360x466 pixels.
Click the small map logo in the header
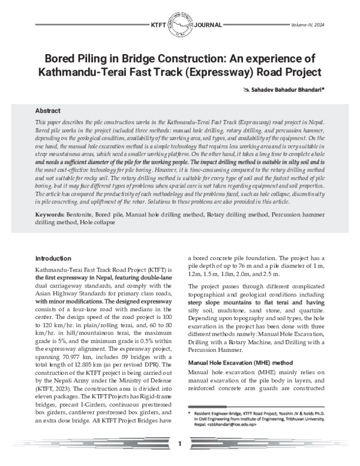180,25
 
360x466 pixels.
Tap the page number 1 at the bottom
180,443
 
